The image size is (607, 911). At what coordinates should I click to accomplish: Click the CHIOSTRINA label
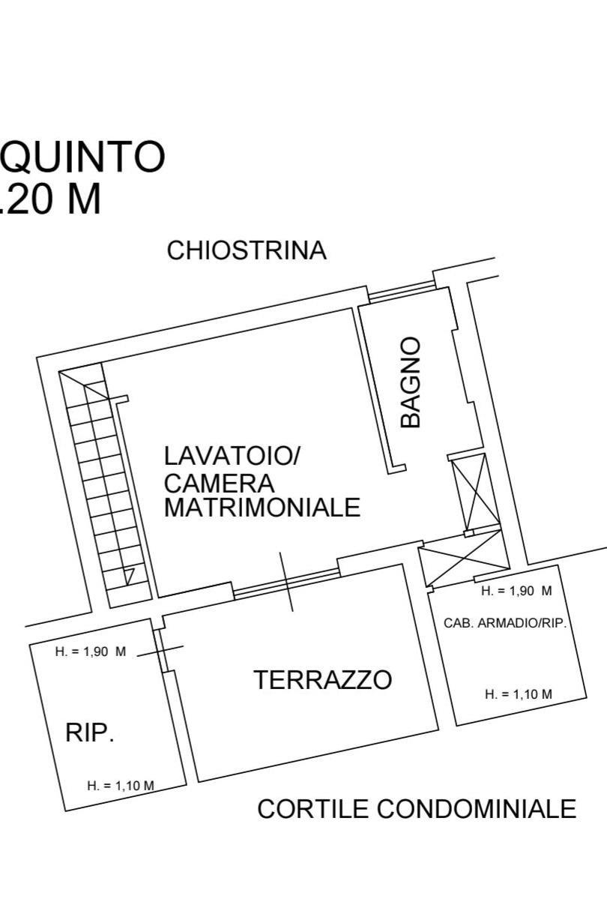(247, 250)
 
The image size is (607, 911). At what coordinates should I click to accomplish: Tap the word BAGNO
(410, 382)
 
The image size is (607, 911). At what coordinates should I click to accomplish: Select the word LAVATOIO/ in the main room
(232, 456)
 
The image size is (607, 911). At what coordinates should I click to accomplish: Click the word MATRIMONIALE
(262, 507)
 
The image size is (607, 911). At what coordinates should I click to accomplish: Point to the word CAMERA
(219, 483)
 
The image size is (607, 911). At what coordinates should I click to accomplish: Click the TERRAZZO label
(323, 679)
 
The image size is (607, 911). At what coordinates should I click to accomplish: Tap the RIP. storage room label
(89, 733)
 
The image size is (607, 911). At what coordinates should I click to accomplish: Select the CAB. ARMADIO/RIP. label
(505, 623)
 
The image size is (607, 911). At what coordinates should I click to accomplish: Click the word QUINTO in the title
(83, 157)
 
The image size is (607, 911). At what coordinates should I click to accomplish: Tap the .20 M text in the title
(50, 199)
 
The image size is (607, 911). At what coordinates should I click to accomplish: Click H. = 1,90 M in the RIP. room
(91, 652)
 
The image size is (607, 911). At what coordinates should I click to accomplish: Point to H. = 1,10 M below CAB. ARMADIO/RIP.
(519, 694)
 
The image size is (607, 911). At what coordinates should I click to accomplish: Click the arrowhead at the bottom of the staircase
(130, 577)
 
